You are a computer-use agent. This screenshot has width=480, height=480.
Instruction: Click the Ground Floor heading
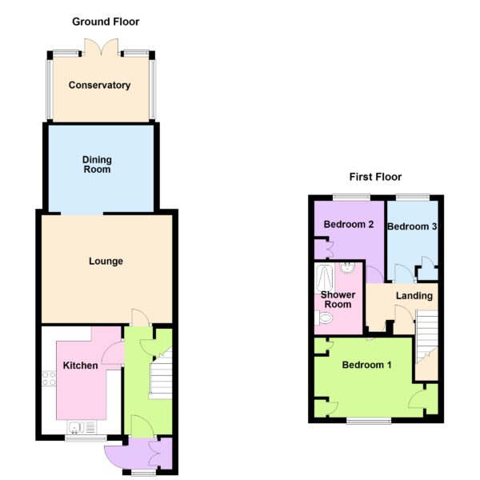(x=106, y=22)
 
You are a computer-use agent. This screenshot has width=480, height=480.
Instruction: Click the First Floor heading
(x=375, y=177)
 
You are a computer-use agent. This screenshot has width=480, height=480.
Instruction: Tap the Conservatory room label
(x=99, y=85)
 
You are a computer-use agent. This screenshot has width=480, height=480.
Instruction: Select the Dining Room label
(x=97, y=164)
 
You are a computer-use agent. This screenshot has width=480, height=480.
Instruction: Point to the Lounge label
(x=106, y=261)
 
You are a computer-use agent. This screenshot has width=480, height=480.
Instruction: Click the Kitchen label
(x=81, y=366)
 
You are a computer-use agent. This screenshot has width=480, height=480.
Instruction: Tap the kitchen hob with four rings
(x=49, y=378)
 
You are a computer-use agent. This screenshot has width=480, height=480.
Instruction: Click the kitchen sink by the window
(x=82, y=427)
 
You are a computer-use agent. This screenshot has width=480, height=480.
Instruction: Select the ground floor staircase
(x=161, y=376)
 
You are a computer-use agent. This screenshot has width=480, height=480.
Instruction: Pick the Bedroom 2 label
(x=349, y=224)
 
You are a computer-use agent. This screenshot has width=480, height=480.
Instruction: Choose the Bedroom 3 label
(x=412, y=226)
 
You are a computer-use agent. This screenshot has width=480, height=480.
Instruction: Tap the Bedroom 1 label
(x=366, y=365)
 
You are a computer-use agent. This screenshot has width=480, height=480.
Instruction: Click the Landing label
(x=414, y=296)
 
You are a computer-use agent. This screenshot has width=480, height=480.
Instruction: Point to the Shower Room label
(x=338, y=300)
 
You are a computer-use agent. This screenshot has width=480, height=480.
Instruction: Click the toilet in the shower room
(x=323, y=318)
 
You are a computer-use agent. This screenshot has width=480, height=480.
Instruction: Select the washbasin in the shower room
(x=347, y=268)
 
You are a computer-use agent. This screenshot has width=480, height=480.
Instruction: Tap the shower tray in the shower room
(x=325, y=278)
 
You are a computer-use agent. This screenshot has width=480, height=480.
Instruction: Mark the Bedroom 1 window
(x=369, y=421)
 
